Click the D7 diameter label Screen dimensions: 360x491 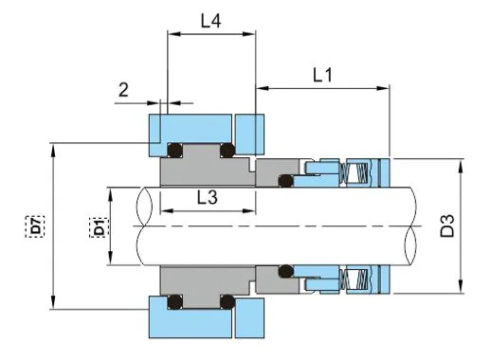click(35, 225)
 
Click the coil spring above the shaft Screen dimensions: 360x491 click(359, 173)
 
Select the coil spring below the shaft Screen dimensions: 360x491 click(359, 280)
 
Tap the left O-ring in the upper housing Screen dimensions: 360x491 click(173, 150)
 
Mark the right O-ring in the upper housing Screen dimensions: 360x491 click(227, 150)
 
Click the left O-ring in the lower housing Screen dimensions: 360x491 click(173, 303)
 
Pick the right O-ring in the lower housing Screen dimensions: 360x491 click(227, 303)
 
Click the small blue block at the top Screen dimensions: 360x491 click(252, 134)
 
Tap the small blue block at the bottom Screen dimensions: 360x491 click(252, 318)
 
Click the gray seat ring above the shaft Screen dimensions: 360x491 click(204, 171)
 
